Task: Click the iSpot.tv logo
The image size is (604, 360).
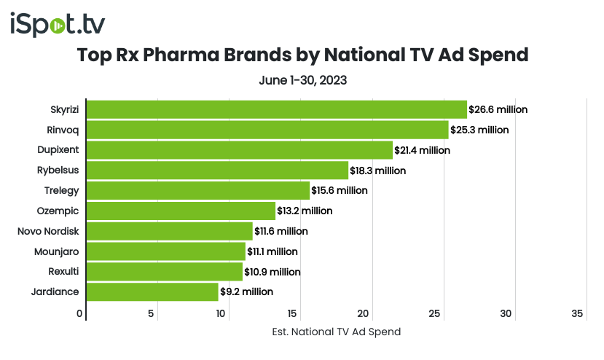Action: point(58,24)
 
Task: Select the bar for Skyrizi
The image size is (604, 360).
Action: point(276,109)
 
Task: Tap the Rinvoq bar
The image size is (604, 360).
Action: point(267,130)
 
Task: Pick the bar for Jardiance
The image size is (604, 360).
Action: point(152,291)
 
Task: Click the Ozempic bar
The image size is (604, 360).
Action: point(181,211)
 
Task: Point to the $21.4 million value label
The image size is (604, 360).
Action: point(423,150)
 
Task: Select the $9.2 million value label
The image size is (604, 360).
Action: point(246,291)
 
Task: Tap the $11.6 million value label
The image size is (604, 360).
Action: point(281,231)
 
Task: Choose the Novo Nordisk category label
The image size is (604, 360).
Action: point(48,231)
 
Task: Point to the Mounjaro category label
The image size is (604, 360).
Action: point(57,251)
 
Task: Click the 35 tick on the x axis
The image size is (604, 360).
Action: point(578,314)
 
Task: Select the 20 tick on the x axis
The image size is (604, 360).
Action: point(364,314)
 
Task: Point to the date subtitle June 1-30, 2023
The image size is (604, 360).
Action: point(302,79)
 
